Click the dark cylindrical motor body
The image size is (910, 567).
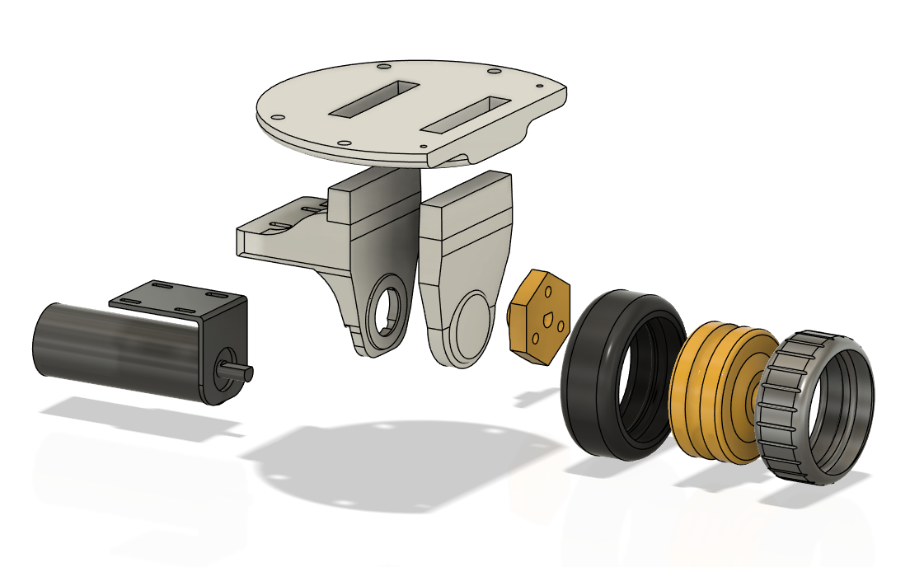pyautogui.click(x=115, y=350)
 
